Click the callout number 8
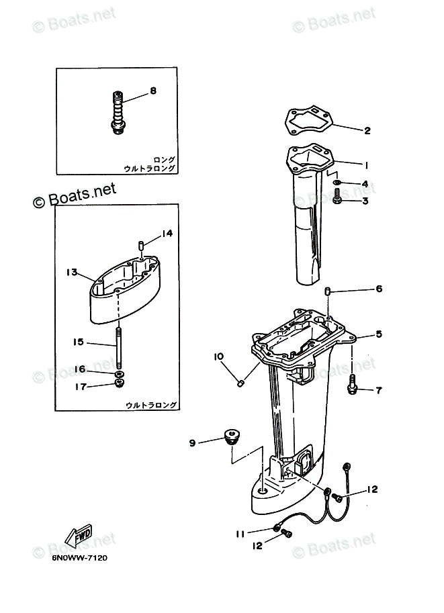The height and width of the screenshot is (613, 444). pyautogui.click(x=153, y=91)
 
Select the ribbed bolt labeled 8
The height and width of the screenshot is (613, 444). pyautogui.click(x=118, y=111)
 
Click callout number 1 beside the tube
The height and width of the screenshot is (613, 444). pyautogui.click(x=367, y=164)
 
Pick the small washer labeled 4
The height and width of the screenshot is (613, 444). pyautogui.click(x=337, y=183)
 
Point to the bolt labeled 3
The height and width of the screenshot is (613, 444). pyautogui.click(x=337, y=197)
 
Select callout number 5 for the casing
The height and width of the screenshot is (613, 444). pyautogui.click(x=378, y=334)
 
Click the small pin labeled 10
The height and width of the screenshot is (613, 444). pyautogui.click(x=238, y=383)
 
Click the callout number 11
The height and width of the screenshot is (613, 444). pyautogui.click(x=239, y=534)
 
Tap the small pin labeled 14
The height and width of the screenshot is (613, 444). pyautogui.click(x=141, y=245)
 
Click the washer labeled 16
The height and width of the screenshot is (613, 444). pyautogui.click(x=119, y=373)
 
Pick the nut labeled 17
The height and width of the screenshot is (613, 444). pyautogui.click(x=120, y=384)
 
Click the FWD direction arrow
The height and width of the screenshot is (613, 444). pyautogui.click(x=79, y=534)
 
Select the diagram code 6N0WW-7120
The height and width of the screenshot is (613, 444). pyautogui.click(x=79, y=558)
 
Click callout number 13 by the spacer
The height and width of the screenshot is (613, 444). pyautogui.click(x=73, y=272)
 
